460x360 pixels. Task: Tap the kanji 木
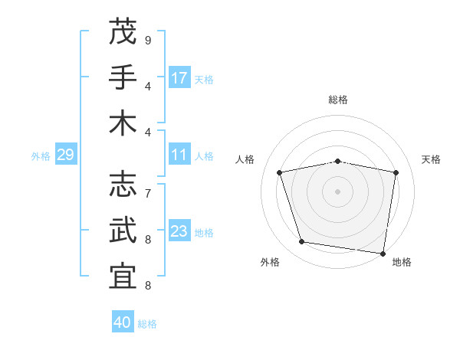123,123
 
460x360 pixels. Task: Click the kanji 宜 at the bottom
123,277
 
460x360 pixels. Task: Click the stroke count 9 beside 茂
147,40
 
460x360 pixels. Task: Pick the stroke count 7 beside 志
147,193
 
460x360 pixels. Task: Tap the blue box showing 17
179,77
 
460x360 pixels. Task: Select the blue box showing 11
179,155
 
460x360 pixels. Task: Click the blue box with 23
179,232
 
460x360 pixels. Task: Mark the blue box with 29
65,155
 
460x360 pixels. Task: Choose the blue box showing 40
123,322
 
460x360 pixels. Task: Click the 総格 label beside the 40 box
147,324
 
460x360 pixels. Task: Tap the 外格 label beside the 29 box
41,156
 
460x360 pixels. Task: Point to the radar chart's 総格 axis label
338,100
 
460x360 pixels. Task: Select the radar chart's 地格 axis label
402,262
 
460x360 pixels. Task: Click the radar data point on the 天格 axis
396,172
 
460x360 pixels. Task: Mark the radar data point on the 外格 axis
302,242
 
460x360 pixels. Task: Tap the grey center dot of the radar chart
338,191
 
